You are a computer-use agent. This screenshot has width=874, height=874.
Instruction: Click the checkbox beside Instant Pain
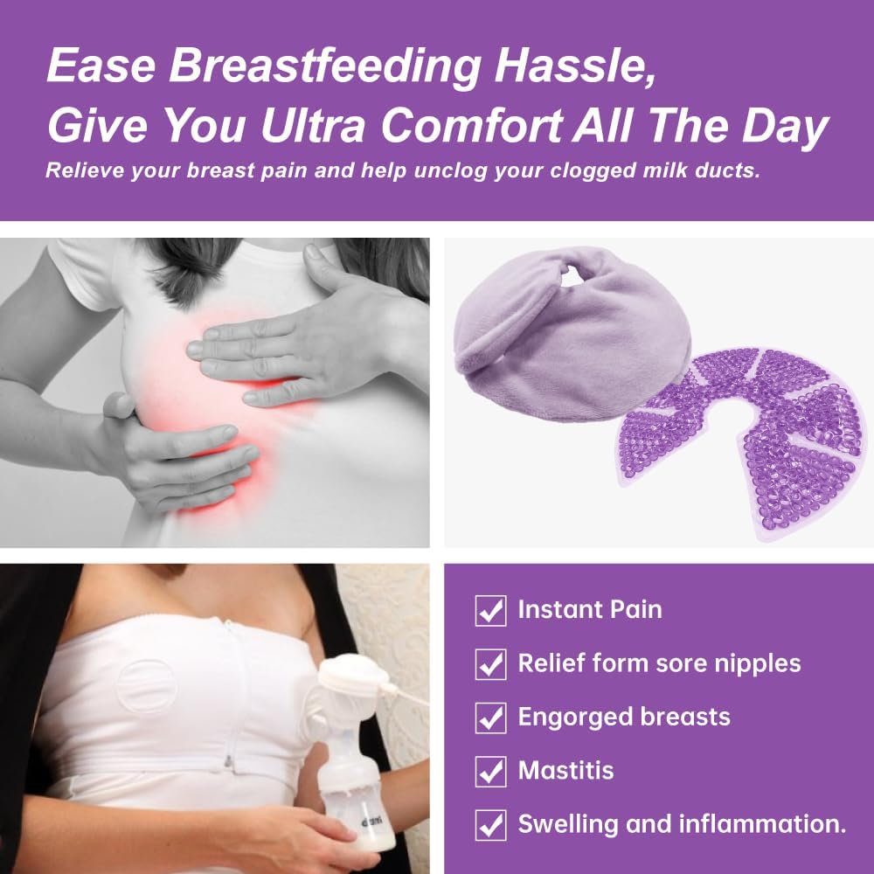490,610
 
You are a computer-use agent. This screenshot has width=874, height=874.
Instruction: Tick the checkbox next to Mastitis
490,772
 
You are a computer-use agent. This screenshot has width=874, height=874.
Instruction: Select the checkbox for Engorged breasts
490,718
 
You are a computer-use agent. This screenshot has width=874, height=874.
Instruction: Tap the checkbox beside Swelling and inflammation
490,825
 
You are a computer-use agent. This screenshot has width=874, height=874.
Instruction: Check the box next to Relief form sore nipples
490,664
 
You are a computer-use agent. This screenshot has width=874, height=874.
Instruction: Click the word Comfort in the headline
472,127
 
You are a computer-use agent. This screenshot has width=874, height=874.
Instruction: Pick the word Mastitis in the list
565,771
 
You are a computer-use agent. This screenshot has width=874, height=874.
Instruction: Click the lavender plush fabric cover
542,332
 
